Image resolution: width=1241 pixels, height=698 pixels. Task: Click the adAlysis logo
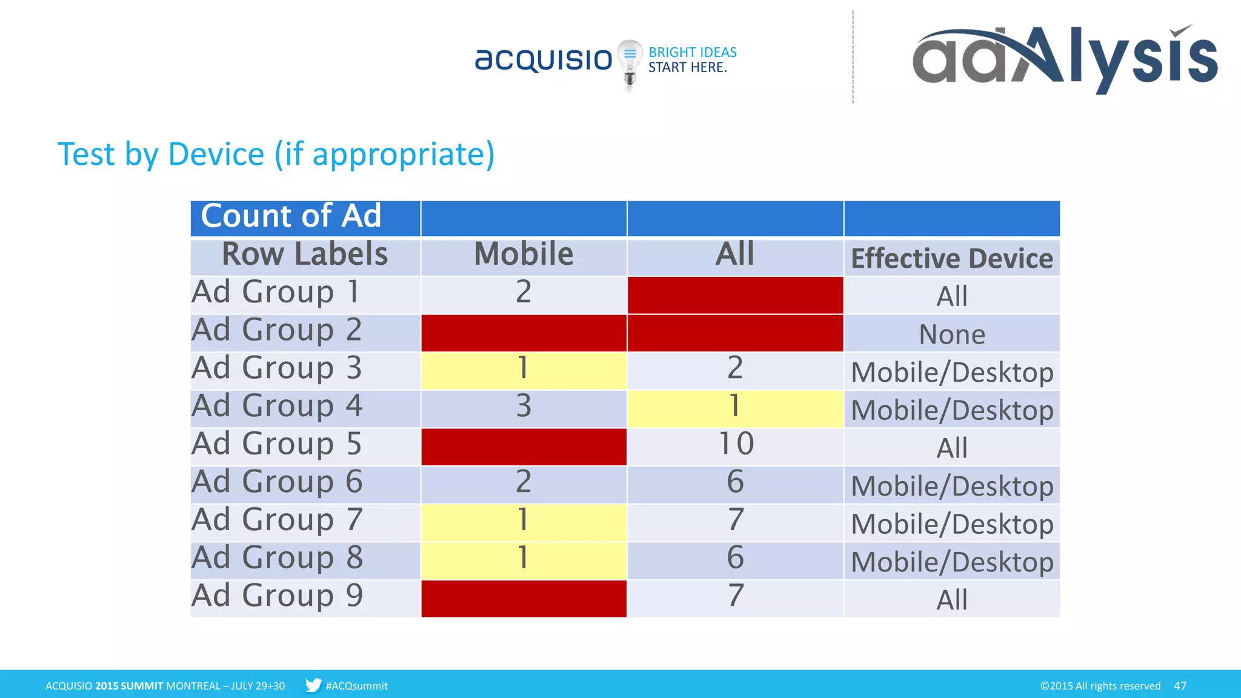click(x=1064, y=58)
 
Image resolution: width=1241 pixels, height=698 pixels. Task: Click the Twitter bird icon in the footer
click(x=313, y=685)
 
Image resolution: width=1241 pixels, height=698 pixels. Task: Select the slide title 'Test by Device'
click(x=276, y=154)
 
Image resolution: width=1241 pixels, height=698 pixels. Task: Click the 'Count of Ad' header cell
click(x=291, y=216)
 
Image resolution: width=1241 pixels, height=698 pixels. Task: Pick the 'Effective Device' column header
click(x=951, y=258)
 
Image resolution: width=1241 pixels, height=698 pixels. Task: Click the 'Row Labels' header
click(x=305, y=254)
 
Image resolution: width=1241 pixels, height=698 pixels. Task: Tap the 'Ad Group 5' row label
click(x=277, y=444)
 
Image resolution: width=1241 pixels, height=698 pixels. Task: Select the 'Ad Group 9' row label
click(x=278, y=596)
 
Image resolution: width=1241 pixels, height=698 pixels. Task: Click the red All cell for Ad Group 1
click(x=735, y=296)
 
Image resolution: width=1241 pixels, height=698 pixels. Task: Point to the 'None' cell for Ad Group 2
click(x=951, y=334)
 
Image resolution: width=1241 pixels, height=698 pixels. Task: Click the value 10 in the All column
click(x=736, y=444)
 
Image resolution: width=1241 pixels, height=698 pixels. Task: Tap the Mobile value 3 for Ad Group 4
click(x=524, y=407)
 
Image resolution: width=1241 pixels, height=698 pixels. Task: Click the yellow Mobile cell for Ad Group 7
click(x=524, y=520)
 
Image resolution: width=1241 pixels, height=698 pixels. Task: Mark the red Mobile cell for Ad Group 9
click(x=524, y=599)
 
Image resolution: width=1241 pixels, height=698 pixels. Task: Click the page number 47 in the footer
click(x=1179, y=686)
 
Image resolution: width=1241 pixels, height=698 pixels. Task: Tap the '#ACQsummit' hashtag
click(x=356, y=686)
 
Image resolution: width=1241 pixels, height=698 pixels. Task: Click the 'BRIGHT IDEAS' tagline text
click(x=693, y=53)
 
